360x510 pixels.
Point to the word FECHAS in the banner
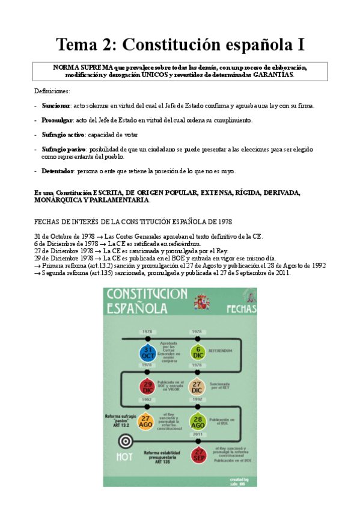[x=242, y=309]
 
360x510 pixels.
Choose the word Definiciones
[x=52, y=91]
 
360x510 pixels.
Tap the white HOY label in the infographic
[x=124, y=457]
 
